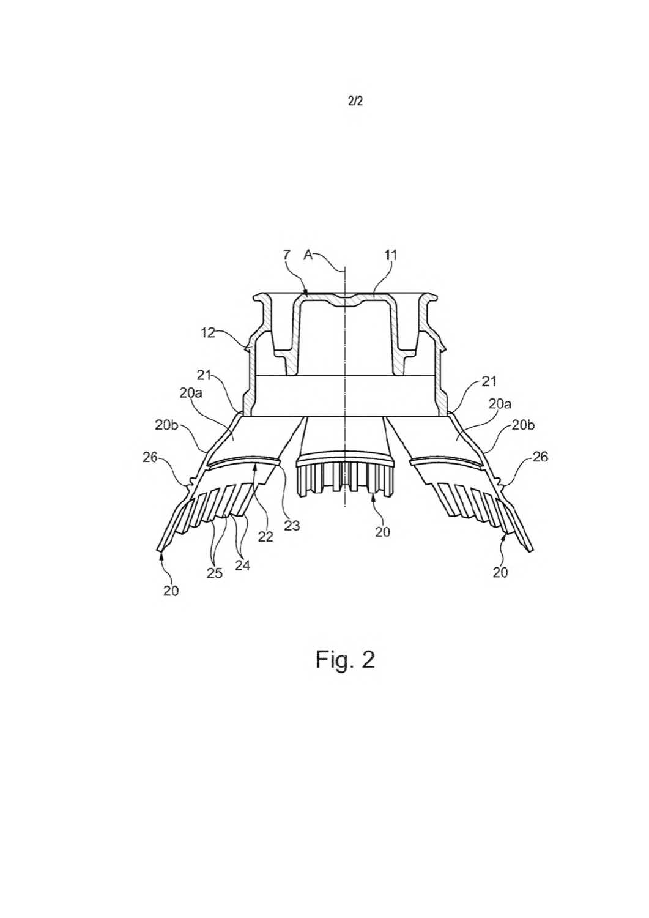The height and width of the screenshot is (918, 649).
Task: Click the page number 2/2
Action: (x=355, y=101)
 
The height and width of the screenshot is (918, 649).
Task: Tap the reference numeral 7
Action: (x=286, y=255)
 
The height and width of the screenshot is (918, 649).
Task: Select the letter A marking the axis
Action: (x=308, y=255)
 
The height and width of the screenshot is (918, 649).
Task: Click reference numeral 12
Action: (x=209, y=332)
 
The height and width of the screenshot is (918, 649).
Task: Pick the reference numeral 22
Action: (x=266, y=537)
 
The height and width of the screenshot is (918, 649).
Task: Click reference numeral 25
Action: (x=215, y=572)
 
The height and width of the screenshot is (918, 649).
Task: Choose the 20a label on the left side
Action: (x=190, y=393)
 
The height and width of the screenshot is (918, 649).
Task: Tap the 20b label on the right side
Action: (x=523, y=426)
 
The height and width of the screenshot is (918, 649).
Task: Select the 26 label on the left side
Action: (x=150, y=457)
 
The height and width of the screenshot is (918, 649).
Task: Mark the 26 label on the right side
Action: (x=540, y=457)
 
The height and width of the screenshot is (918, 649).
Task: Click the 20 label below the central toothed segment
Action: (x=382, y=532)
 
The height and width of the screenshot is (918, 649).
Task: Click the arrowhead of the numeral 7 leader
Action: (x=306, y=293)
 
